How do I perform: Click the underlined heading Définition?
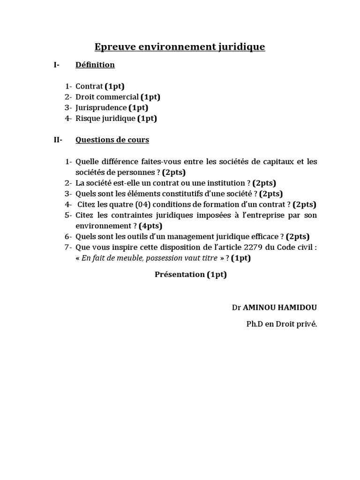(95, 65)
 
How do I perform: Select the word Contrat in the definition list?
(89, 86)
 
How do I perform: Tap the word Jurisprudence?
(101, 108)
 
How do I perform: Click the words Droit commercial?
(107, 97)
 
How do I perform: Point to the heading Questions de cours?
(112, 140)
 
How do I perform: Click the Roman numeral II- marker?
(58, 140)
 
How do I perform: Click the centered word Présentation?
(180, 275)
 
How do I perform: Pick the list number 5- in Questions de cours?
(68, 215)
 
